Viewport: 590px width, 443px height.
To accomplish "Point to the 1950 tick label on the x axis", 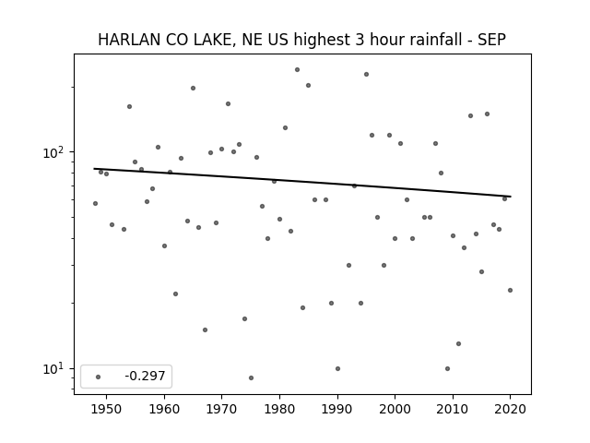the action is point(107,409).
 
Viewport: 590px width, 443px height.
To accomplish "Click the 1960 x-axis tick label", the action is point(164,409).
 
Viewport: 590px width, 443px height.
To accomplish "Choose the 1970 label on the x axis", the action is point(221,409).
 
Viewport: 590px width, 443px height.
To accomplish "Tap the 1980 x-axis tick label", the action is point(279,409).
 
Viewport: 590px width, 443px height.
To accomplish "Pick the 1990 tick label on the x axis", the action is point(337,409).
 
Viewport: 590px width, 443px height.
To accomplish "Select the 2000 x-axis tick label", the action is point(395,409).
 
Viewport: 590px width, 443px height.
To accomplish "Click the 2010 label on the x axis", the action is point(453,409).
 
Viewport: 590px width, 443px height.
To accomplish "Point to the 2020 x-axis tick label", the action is point(510,409).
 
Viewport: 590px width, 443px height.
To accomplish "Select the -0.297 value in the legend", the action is point(145,376).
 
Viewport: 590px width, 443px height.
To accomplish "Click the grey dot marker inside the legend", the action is point(98,377).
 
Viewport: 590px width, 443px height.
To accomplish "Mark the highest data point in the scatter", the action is point(297,70).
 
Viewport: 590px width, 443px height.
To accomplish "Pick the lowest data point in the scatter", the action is point(251,377).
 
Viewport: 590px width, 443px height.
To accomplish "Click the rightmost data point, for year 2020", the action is point(510,290).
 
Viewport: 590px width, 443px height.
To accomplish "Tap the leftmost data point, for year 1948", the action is point(95,203).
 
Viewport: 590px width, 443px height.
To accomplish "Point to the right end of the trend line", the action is point(511,197).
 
